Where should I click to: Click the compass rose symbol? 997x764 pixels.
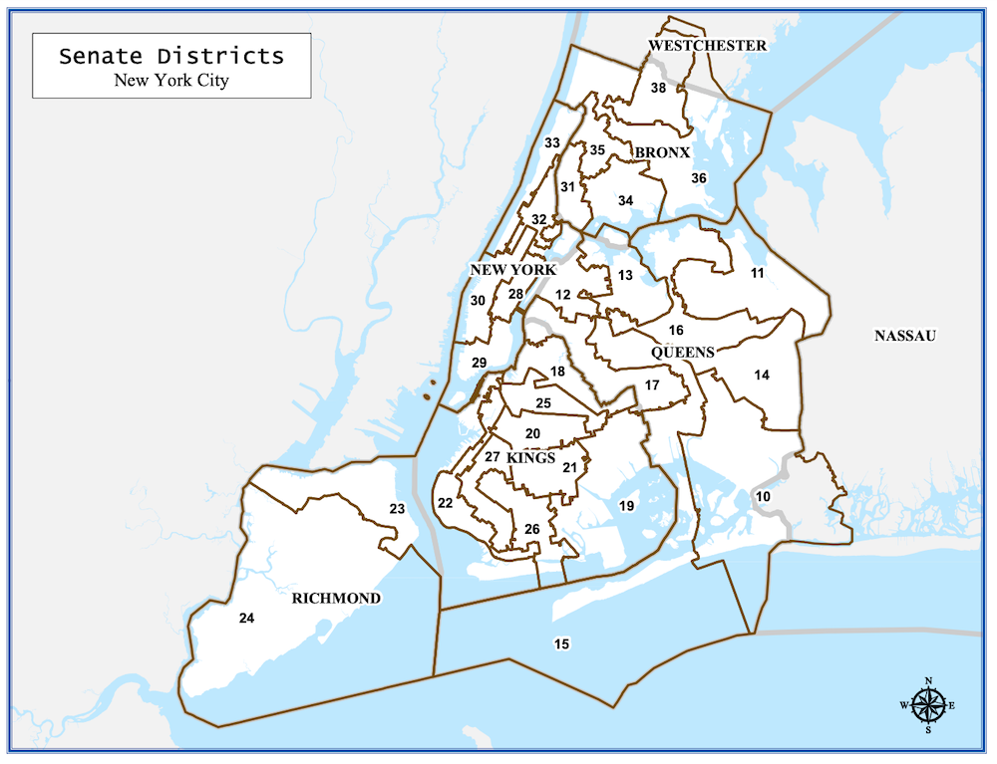(x=928, y=705)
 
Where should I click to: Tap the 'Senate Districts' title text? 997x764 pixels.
(x=171, y=56)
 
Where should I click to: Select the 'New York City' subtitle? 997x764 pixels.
(x=171, y=81)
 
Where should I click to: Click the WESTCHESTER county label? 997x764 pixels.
(x=707, y=46)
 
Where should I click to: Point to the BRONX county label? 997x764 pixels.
(x=663, y=152)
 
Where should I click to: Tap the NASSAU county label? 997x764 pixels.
(x=905, y=336)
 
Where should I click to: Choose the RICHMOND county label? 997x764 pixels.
(x=336, y=599)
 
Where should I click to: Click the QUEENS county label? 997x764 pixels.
(x=683, y=353)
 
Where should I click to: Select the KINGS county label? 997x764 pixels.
(x=530, y=457)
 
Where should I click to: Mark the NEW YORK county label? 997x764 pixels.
(x=512, y=271)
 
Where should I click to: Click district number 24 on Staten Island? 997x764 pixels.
(x=247, y=619)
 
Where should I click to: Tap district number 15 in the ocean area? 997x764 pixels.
(x=561, y=644)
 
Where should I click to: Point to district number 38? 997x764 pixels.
(x=658, y=89)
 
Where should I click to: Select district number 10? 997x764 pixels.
(x=763, y=496)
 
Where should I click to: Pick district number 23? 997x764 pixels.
(x=397, y=509)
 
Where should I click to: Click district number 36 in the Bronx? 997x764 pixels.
(x=699, y=178)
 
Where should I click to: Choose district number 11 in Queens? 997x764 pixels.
(x=758, y=273)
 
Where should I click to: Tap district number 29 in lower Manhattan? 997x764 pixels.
(x=479, y=363)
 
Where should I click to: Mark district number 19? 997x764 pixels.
(x=626, y=506)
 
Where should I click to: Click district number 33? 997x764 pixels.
(x=552, y=143)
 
